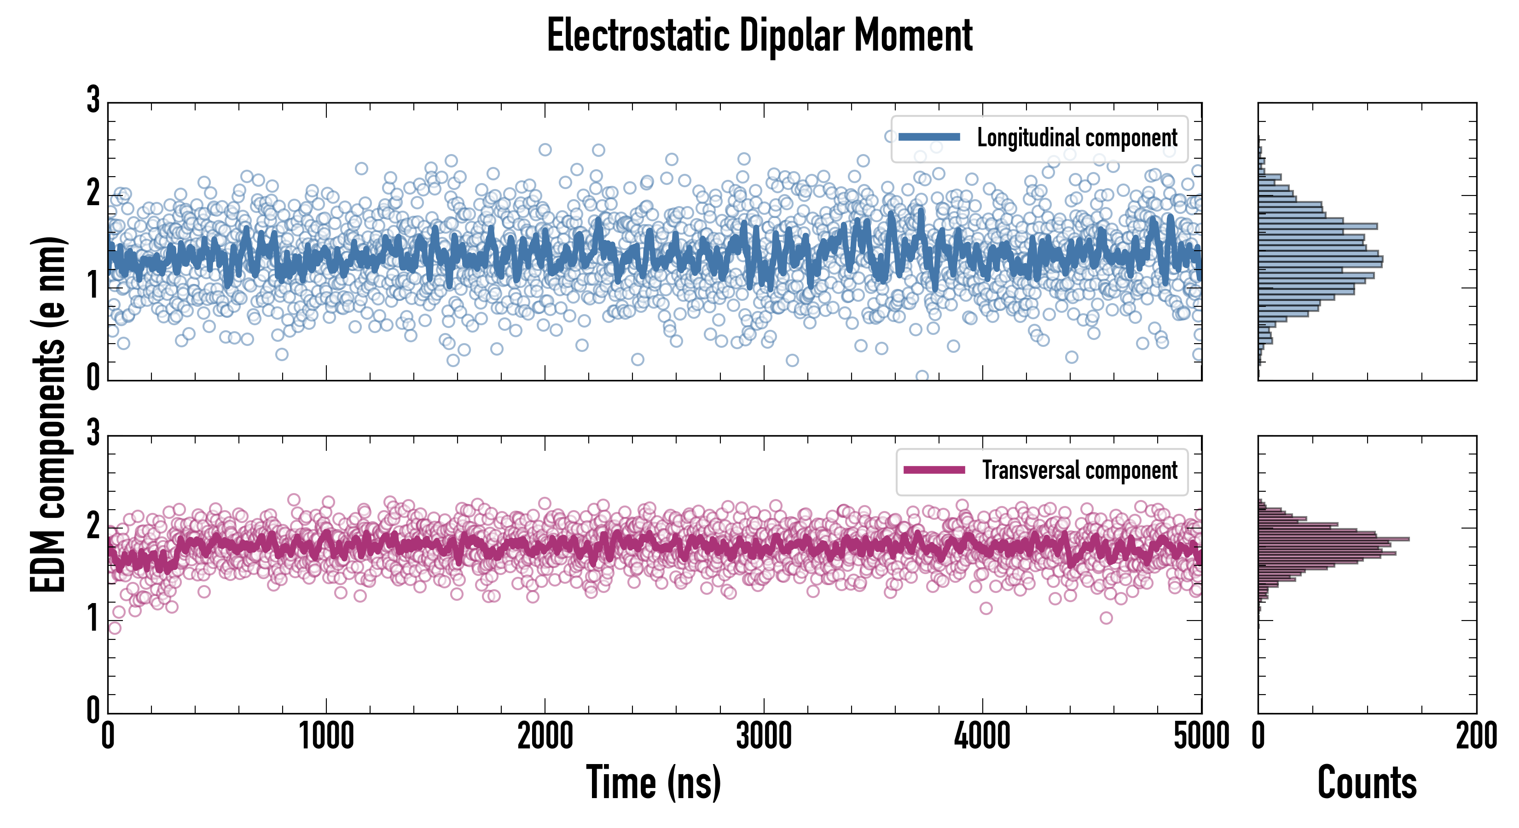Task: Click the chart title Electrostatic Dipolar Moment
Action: tap(759, 35)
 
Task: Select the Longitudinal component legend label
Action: tap(1077, 138)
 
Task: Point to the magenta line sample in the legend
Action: tap(934, 470)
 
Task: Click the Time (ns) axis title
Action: tap(653, 782)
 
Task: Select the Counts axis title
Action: tap(1366, 782)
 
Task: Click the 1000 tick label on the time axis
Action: tap(326, 736)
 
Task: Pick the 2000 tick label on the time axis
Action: tap(545, 736)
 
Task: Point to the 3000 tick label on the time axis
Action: tap(764, 736)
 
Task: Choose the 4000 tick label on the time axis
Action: tap(982, 736)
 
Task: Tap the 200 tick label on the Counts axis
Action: tap(1476, 736)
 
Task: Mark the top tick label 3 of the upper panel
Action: tap(93, 100)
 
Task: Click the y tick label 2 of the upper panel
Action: tap(93, 193)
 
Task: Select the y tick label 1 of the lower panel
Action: tap(93, 619)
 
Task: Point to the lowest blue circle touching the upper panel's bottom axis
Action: tap(922, 376)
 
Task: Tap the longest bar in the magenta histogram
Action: tap(1333, 539)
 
